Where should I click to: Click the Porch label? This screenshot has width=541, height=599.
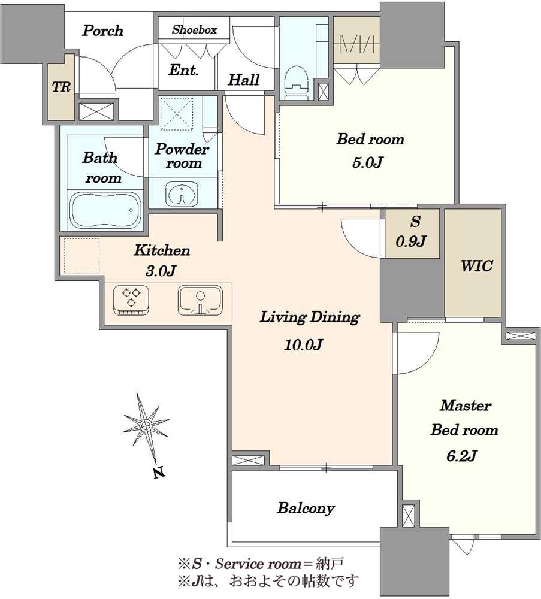[x=103, y=31]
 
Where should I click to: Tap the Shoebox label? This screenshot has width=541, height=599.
[x=195, y=29]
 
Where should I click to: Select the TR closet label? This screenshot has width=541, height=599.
[x=62, y=87]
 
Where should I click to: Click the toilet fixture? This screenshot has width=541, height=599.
[x=297, y=81]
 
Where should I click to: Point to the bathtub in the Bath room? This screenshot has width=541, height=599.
[x=105, y=211]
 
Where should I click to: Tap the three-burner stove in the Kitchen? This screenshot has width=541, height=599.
[x=131, y=300]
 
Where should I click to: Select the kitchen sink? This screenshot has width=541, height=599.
[x=200, y=301]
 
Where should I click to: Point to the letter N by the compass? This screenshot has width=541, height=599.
[x=159, y=473]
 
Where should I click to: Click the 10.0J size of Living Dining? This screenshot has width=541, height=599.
[x=303, y=345]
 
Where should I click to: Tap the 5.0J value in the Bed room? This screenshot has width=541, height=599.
[x=367, y=163]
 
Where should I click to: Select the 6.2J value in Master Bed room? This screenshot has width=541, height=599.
[x=462, y=456]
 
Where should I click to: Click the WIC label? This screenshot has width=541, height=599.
[x=476, y=265]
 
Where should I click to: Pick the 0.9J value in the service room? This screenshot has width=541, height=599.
[x=411, y=241]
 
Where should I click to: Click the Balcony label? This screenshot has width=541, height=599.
[x=306, y=508]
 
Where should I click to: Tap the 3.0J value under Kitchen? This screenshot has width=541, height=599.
[x=161, y=271]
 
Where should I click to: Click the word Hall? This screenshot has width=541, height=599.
[x=243, y=80]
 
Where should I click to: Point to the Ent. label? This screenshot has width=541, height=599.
[x=183, y=70]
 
